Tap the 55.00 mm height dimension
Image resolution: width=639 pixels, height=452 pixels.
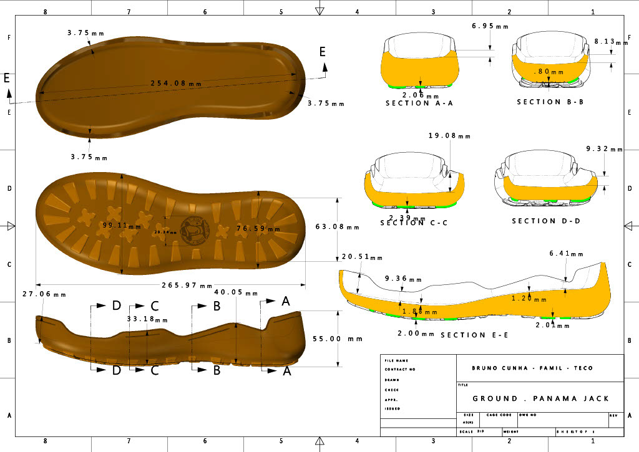[x=338, y=339]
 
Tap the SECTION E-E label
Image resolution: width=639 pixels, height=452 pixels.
[x=474, y=335]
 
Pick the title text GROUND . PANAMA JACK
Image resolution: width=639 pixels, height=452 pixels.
[x=540, y=398]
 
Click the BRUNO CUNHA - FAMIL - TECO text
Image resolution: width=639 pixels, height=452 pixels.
[x=532, y=368]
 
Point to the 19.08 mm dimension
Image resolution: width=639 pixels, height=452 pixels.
[x=446, y=136]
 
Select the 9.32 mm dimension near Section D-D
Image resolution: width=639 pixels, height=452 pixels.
[x=605, y=149]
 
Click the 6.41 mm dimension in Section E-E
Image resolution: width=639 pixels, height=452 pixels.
[x=566, y=254]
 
